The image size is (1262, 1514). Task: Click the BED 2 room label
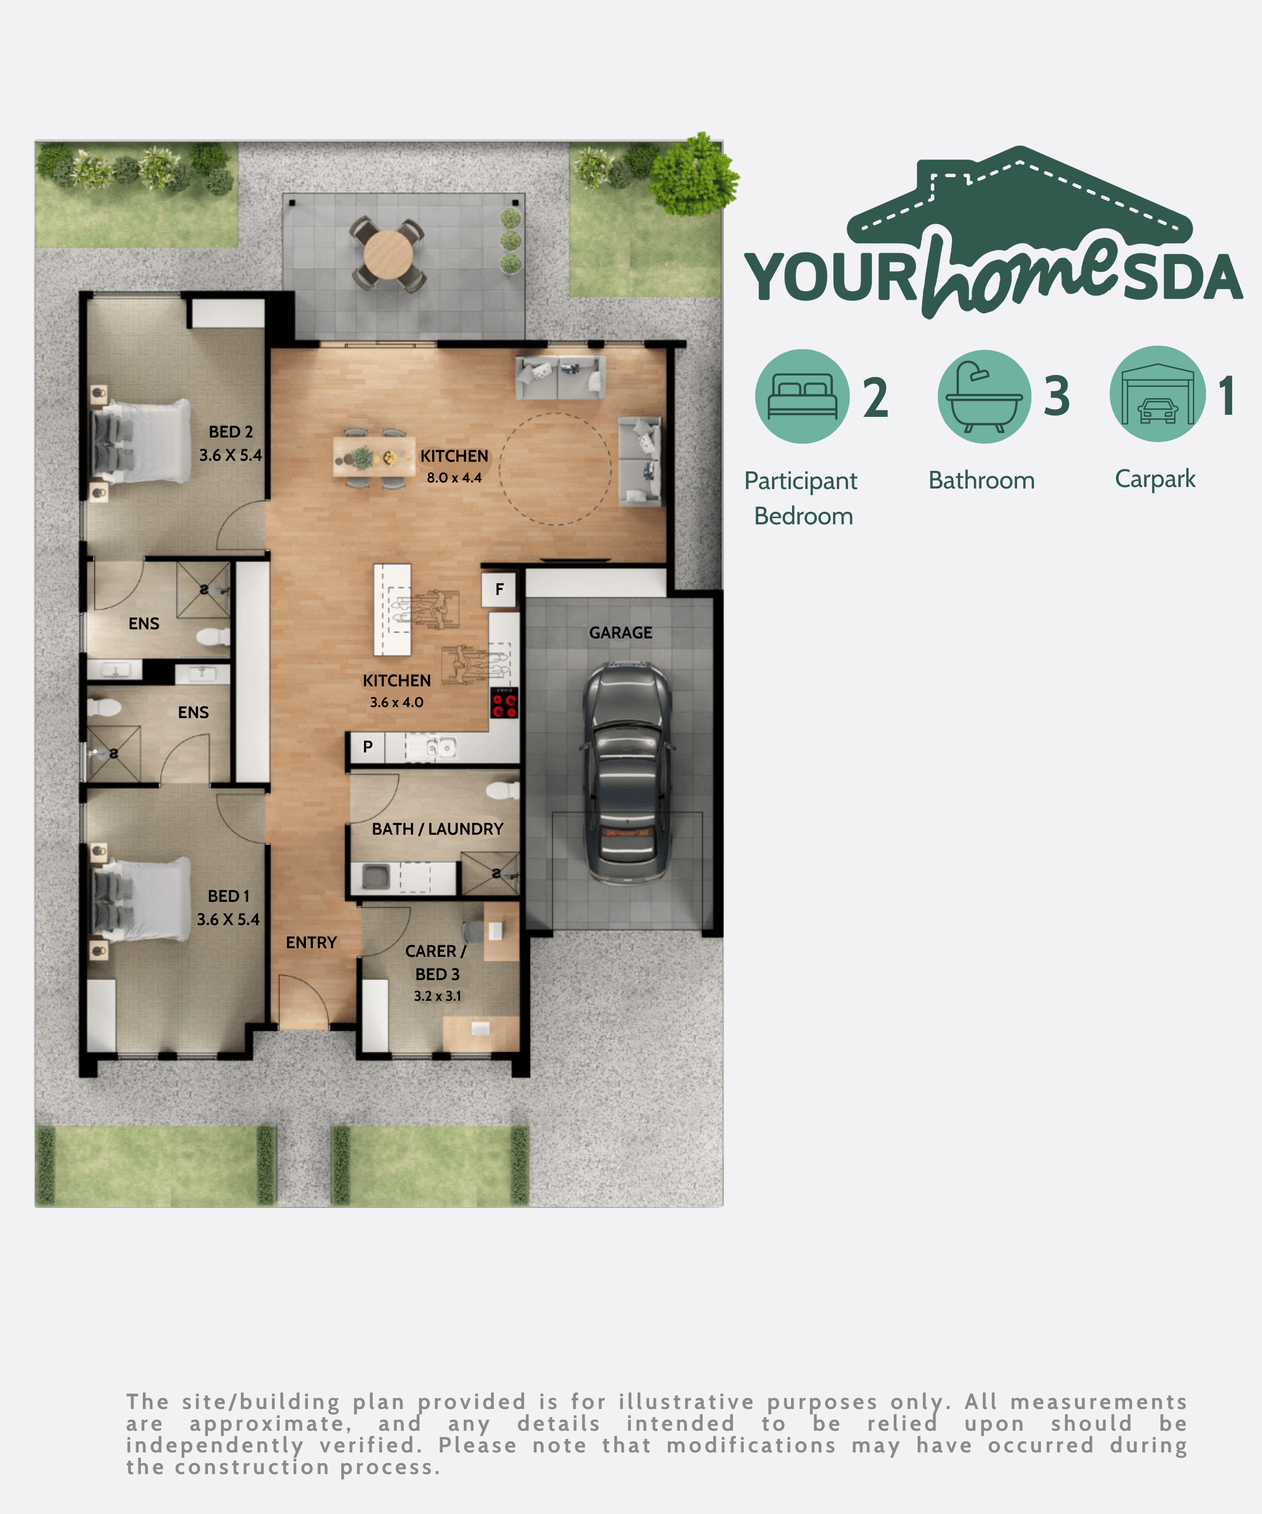click(231, 432)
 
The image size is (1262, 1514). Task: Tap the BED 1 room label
click(229, 896)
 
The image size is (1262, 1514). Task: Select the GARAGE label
click(620, 632)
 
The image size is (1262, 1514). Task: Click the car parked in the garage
click(627, 772)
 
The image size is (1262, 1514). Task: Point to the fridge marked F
click(499, 589)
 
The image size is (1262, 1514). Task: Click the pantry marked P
click(368, 747)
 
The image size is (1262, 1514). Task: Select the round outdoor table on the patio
click(388, 254)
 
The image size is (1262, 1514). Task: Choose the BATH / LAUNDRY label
click(437, 829)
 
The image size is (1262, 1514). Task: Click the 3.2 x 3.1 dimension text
click(437, 996)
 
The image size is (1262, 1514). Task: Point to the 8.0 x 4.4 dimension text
click(454, 477)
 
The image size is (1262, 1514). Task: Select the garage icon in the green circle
click(1158, 394)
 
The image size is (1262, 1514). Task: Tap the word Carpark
click(1155, 479)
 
